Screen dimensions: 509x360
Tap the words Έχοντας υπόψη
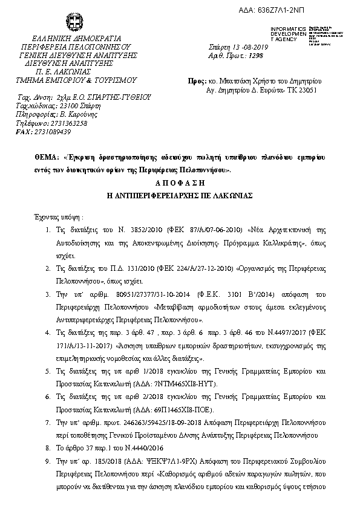tap(57, 216)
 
